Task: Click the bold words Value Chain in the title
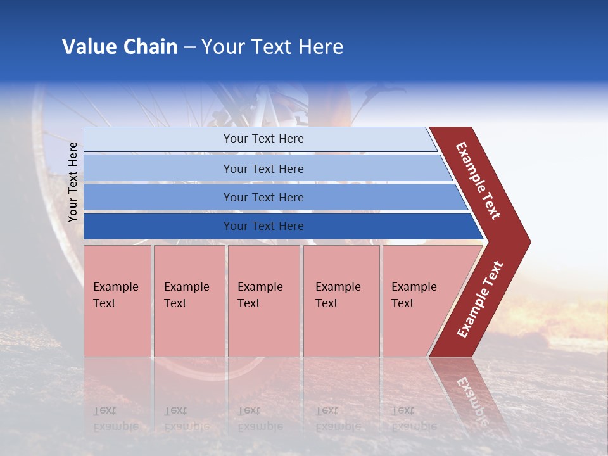(120, 47)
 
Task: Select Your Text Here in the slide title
(272, 47)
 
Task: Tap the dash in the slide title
(189, 47)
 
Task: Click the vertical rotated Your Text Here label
(73, 182)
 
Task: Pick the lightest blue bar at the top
(263, 139)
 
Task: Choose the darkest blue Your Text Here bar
(263, 226)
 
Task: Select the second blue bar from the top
(263, 168)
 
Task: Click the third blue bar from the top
(263, 197)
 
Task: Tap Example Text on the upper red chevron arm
(478, 180)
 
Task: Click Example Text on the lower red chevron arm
(480, 300)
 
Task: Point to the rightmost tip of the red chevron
(529, 242)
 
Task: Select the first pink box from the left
(117, 301)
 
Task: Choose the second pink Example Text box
(189, 301)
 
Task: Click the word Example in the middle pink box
(260, 287)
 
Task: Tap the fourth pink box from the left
(341, 301)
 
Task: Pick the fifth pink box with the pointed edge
(418, 301)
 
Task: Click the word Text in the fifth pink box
(403, 303)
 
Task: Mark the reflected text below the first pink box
(114, 419)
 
